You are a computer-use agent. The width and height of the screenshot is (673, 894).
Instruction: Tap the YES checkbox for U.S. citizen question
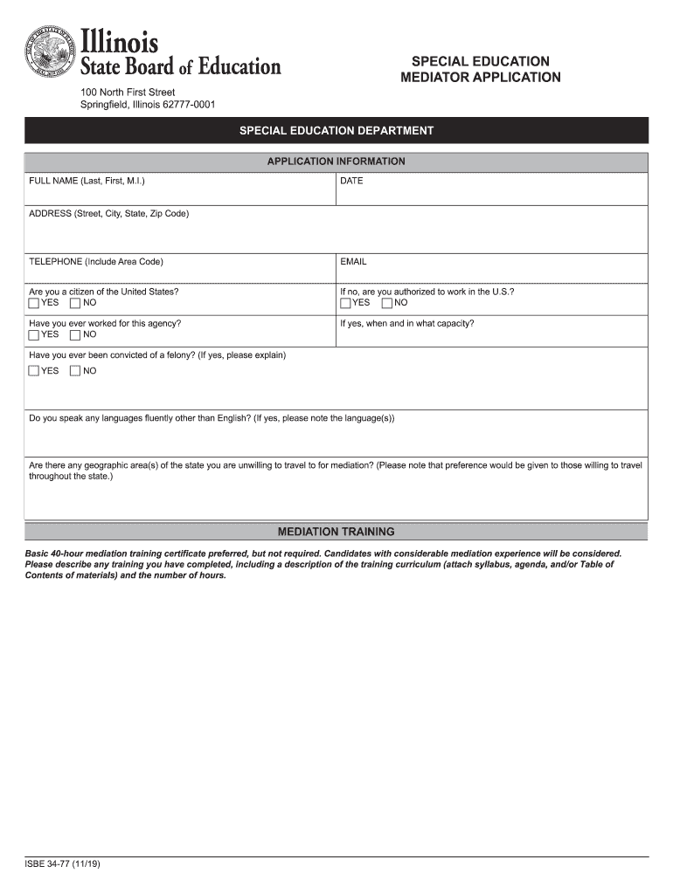point(34,303)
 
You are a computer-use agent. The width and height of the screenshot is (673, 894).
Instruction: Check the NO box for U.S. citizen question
point(75,303)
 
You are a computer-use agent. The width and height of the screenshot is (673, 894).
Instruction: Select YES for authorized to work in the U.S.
point(345,303)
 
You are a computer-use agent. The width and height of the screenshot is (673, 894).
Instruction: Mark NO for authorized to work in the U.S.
point(386,303)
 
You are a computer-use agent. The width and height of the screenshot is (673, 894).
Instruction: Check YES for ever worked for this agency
point(34,334)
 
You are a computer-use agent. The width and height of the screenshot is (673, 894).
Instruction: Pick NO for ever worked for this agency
point(75,334)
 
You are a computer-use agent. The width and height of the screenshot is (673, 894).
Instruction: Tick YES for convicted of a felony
point(34,371)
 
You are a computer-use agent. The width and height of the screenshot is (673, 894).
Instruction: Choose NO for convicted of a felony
point(75,371)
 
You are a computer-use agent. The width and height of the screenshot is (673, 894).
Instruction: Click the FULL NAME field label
point(87,181)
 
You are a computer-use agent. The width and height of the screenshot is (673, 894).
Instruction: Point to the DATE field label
point(351,181)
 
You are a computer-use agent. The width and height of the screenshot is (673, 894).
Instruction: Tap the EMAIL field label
point(353,262)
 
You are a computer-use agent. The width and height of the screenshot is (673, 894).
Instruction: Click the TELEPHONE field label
point(95,262)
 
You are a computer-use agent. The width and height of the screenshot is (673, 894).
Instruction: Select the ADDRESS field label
point(108,213)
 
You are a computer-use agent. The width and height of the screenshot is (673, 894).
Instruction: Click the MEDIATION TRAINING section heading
point(336,531)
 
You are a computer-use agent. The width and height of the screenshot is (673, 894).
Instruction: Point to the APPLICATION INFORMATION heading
point(336,162)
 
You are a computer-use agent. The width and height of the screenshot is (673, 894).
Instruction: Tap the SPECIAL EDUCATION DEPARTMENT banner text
point(336,131)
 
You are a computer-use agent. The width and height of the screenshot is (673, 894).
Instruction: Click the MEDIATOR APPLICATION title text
point(480,78)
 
